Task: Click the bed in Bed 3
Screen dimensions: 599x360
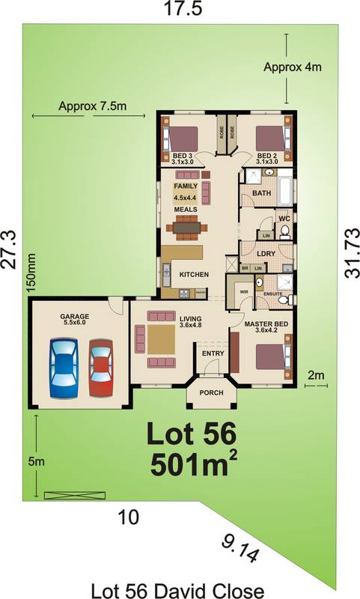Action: coord(182,139)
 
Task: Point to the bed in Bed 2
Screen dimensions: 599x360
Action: coord(270,139)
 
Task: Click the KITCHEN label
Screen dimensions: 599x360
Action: coord(194,275)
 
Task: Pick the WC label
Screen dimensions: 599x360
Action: coord(284,219)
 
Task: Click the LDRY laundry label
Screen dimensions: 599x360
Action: coord(267,253)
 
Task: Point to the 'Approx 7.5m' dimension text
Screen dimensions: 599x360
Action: coord(92,107)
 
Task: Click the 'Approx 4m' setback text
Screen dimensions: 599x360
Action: coord(292,67)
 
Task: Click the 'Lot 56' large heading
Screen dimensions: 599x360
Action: coord(190,434)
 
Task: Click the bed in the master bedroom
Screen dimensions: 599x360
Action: coord(269,356)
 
